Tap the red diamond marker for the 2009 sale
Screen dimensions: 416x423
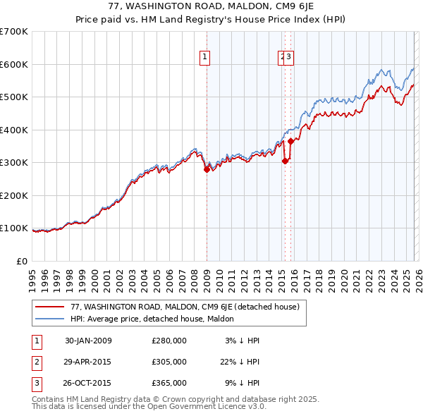207,169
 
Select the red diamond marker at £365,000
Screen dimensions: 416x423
290,142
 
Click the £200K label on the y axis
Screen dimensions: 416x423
14,195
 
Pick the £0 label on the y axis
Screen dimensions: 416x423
21,261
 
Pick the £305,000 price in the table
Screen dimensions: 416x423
168,362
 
